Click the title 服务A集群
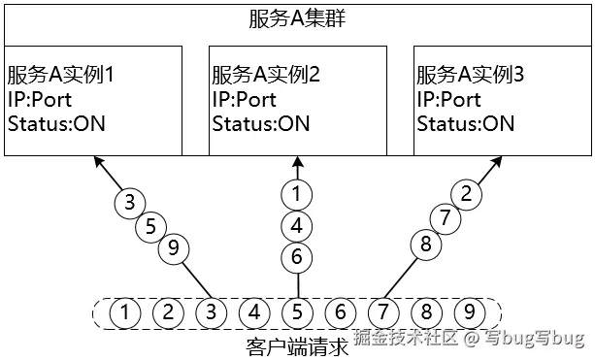(x=296, y=18)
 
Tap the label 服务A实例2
(x=265, y=75)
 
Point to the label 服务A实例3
(x=470, y=75)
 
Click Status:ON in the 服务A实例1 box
(x=56, y=123)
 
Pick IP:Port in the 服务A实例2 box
(x=244, y=99)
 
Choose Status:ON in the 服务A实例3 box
(x=465, y=123)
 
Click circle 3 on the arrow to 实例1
(x=128, y=203)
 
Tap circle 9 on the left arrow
(x=173, y=249)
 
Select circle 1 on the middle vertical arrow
(x=296, y=194)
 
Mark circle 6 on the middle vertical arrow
(x=296, y=257)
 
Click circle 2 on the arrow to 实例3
(x=467, y=193)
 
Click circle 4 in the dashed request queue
(x=254, y=312)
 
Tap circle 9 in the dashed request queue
(x=470, y=312)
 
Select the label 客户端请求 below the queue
(x=297, y=345)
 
